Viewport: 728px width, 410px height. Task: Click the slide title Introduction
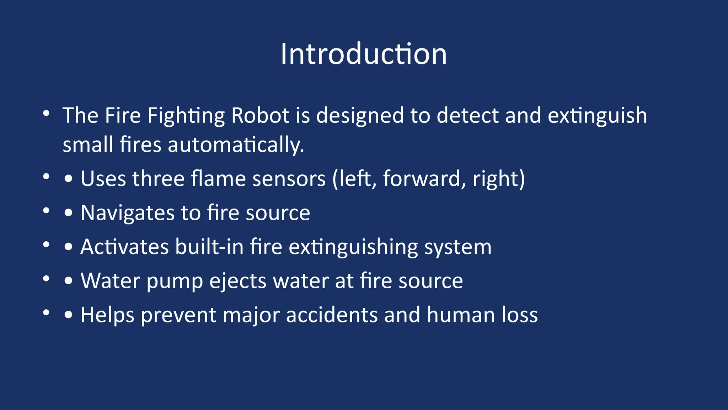[x=363, y=54]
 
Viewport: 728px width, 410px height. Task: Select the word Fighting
[x=186, y=116]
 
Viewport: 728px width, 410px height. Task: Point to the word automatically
[x=236, y=145]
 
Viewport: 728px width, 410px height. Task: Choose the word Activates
[x=124, y=247]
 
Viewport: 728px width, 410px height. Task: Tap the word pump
[x=175, y=281]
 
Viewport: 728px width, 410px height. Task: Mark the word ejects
[x=238, y=281]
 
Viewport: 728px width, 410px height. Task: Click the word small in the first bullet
[x=88, y=145]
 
